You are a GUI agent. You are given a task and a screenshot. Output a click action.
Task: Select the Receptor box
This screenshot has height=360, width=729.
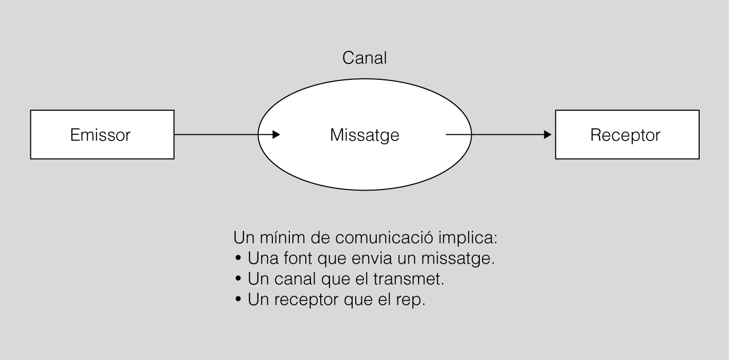point(627,135)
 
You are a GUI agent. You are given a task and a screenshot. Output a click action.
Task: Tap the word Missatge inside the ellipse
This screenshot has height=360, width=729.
point(364,135)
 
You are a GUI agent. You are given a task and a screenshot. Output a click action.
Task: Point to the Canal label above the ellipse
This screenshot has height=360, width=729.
point(364,58)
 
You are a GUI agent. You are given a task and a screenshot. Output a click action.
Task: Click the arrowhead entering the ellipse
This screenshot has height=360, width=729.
point(276,135)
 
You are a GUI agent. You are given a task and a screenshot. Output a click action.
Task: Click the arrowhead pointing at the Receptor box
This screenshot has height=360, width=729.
point(548,135)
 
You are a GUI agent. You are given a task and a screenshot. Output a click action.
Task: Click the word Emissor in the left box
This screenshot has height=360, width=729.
point(100,135)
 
